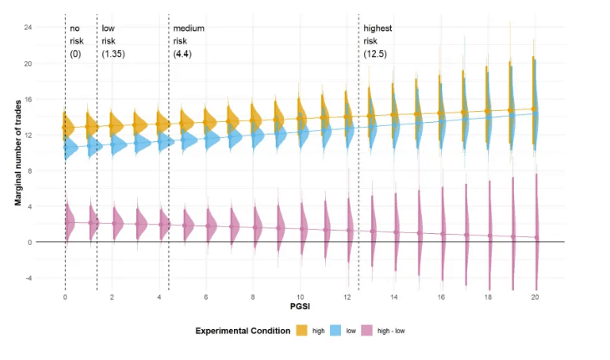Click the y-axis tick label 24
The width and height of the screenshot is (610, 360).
pos(52,28)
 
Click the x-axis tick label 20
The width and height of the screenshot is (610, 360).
pos(535,297)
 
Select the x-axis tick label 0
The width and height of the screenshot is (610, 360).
pos(65,297)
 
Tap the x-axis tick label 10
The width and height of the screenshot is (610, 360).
pos(300,297)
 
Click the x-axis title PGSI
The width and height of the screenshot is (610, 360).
pos(300,307)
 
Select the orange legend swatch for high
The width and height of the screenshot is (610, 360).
pos(302,331)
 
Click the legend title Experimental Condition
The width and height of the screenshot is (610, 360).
pos(243,331)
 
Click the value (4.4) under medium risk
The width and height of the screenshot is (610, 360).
pos(184,53)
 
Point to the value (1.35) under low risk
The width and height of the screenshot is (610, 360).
pos(113,53)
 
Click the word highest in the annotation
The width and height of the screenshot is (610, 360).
pos(378,28)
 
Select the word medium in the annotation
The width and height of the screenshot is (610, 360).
pos(188,28)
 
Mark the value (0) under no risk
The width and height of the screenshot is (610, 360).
pos(75,53)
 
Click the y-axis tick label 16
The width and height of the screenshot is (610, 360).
pos(52,99)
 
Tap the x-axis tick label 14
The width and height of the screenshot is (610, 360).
pos(394,297)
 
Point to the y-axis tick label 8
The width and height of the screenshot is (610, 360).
pos(53,171)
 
